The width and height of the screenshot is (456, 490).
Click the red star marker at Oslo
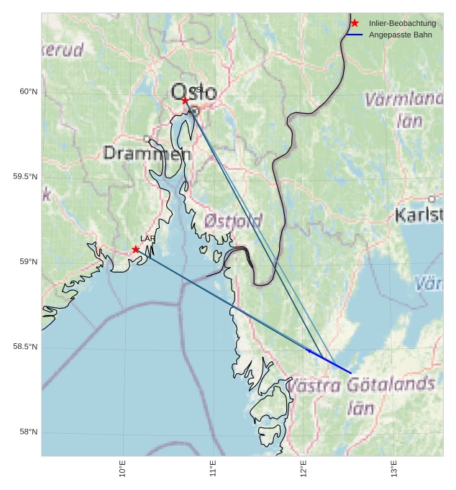[185, 100]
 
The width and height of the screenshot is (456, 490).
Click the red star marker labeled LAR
[136, 249]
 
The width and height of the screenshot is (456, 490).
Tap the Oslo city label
[193, 92]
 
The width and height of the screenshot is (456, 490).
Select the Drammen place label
[147, 153]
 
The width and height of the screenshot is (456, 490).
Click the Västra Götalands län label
[361, 395]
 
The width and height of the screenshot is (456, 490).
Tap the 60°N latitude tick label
[28, 91]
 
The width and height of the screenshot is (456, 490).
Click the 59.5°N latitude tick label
[25, 177]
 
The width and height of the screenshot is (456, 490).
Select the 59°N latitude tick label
[28, 262]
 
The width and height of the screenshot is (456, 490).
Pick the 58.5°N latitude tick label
[25, 347]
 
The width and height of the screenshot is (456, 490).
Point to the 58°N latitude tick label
[28, 432]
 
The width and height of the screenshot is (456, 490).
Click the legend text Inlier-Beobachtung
[402, 24]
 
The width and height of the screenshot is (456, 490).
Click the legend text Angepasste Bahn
[400, 35]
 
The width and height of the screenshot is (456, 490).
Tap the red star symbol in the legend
[355, 23]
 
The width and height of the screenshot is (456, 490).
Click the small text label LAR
[147, 239]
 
